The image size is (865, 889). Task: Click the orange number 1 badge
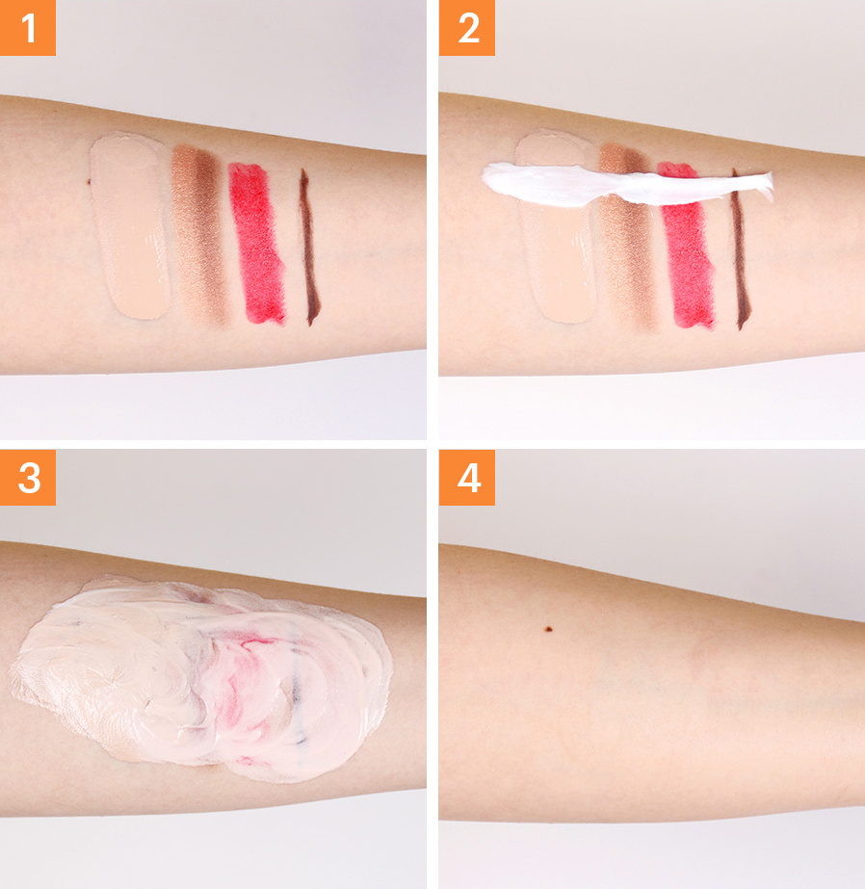click(x=28, y=28)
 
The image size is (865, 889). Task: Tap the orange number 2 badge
click(x=466, y=28)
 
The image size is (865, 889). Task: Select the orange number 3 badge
click(x=28, y=478)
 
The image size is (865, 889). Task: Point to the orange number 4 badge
click(x=466, y=478)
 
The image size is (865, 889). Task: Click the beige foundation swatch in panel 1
click(x=130, y=226)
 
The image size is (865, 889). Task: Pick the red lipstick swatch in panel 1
click(x=257, y=244)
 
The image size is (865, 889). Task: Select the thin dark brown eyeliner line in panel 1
click(x=309, y=248)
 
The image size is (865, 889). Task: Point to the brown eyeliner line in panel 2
click(x=741, y=255)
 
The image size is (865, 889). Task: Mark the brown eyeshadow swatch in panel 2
click(x=626, y=255)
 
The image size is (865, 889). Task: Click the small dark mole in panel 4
click(x=548, y=629)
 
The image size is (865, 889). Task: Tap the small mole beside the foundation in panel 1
click(x=89, y=182)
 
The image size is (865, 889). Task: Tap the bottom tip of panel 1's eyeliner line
click(x=310, y=325)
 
